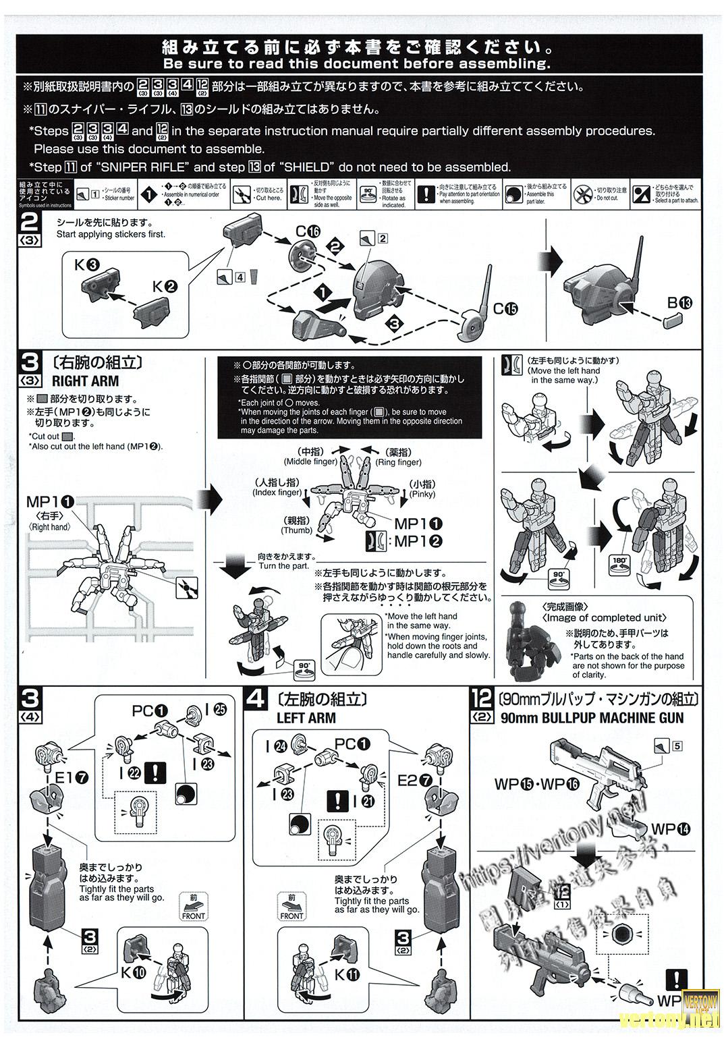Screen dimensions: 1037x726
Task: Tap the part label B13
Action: click(x=679, y=303)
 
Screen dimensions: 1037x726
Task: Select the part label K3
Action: click(x=87, y=264)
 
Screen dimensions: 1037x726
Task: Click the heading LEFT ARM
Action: click(x=306, y=718)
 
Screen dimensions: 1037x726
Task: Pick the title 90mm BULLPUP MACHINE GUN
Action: click(x=592, y=718)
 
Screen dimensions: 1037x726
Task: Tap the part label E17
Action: click(x=72, y=778)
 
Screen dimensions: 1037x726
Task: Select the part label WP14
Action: click(x=671, y=829)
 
